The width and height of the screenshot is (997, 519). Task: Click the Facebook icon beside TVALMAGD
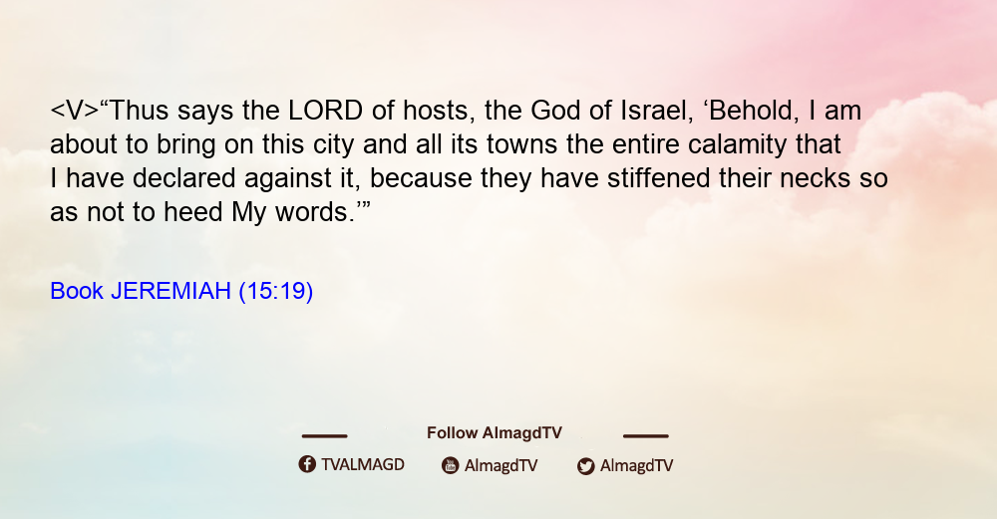[307, 464]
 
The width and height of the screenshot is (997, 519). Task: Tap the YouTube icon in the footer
[451, 465]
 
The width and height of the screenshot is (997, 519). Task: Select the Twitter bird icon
[585, 466]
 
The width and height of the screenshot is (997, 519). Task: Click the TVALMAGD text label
[363, 464]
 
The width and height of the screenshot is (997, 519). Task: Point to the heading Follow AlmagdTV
[495, 432]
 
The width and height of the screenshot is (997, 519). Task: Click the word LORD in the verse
[326, 111]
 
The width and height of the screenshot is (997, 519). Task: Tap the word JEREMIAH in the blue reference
[170, 291]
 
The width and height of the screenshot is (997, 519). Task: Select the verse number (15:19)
[276, 291]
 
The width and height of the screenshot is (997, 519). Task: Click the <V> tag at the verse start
[75, 111]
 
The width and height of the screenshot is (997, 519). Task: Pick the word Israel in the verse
[657, 111]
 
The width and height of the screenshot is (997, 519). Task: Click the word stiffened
[659, 178]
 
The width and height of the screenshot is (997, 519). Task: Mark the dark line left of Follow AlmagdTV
[324, 435]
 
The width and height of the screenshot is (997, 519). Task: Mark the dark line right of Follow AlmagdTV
[646, 435]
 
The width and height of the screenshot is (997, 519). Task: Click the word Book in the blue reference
[77, 291]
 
